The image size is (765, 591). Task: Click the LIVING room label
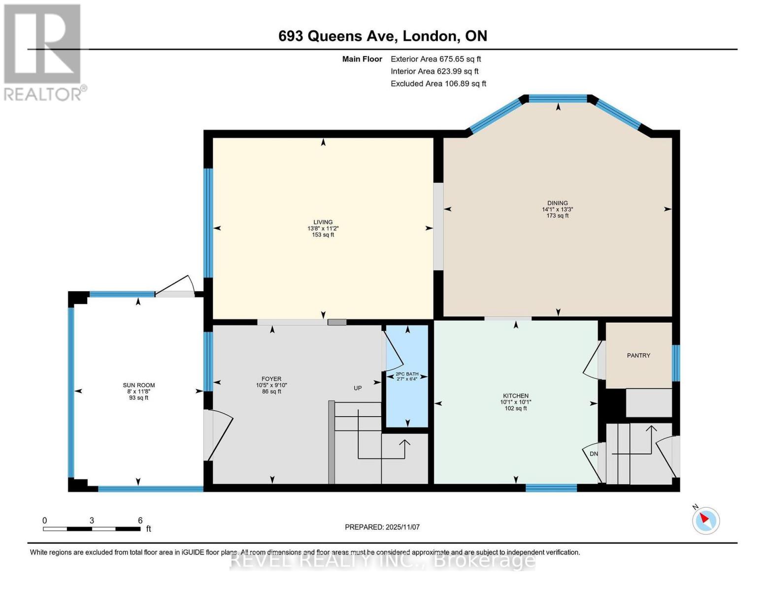click(x=323, y=222)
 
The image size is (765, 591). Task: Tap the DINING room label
click(x=557, y=203)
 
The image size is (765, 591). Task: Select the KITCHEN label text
click(x=515, y=395)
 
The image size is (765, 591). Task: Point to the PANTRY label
click(x=638, y=355)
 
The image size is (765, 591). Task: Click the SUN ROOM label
click(x=138, y=385)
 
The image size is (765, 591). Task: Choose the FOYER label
click(x=271, y=379)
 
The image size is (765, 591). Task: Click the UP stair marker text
click(x=358, y=388)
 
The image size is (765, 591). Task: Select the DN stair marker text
click(x=594, y=454)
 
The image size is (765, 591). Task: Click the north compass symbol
click(x=705, y=520)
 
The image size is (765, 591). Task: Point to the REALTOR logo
click(x=43, y=52)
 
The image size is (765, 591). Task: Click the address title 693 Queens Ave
click(x=382, y=36)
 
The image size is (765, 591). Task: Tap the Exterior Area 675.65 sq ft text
click(x=435, y=59)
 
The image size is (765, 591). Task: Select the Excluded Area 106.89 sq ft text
click(x=438, y=84)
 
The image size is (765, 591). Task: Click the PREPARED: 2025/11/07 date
click(x=382, y=527)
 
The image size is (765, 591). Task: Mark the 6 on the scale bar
click(x=140, y=520)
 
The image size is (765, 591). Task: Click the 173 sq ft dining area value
click(x=557, y=216)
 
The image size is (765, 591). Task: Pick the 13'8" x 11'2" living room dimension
click(x=323, y=229)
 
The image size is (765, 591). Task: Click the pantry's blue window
click(x=676, y=363)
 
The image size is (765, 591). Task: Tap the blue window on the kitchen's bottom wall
click(x=551, y=488)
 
